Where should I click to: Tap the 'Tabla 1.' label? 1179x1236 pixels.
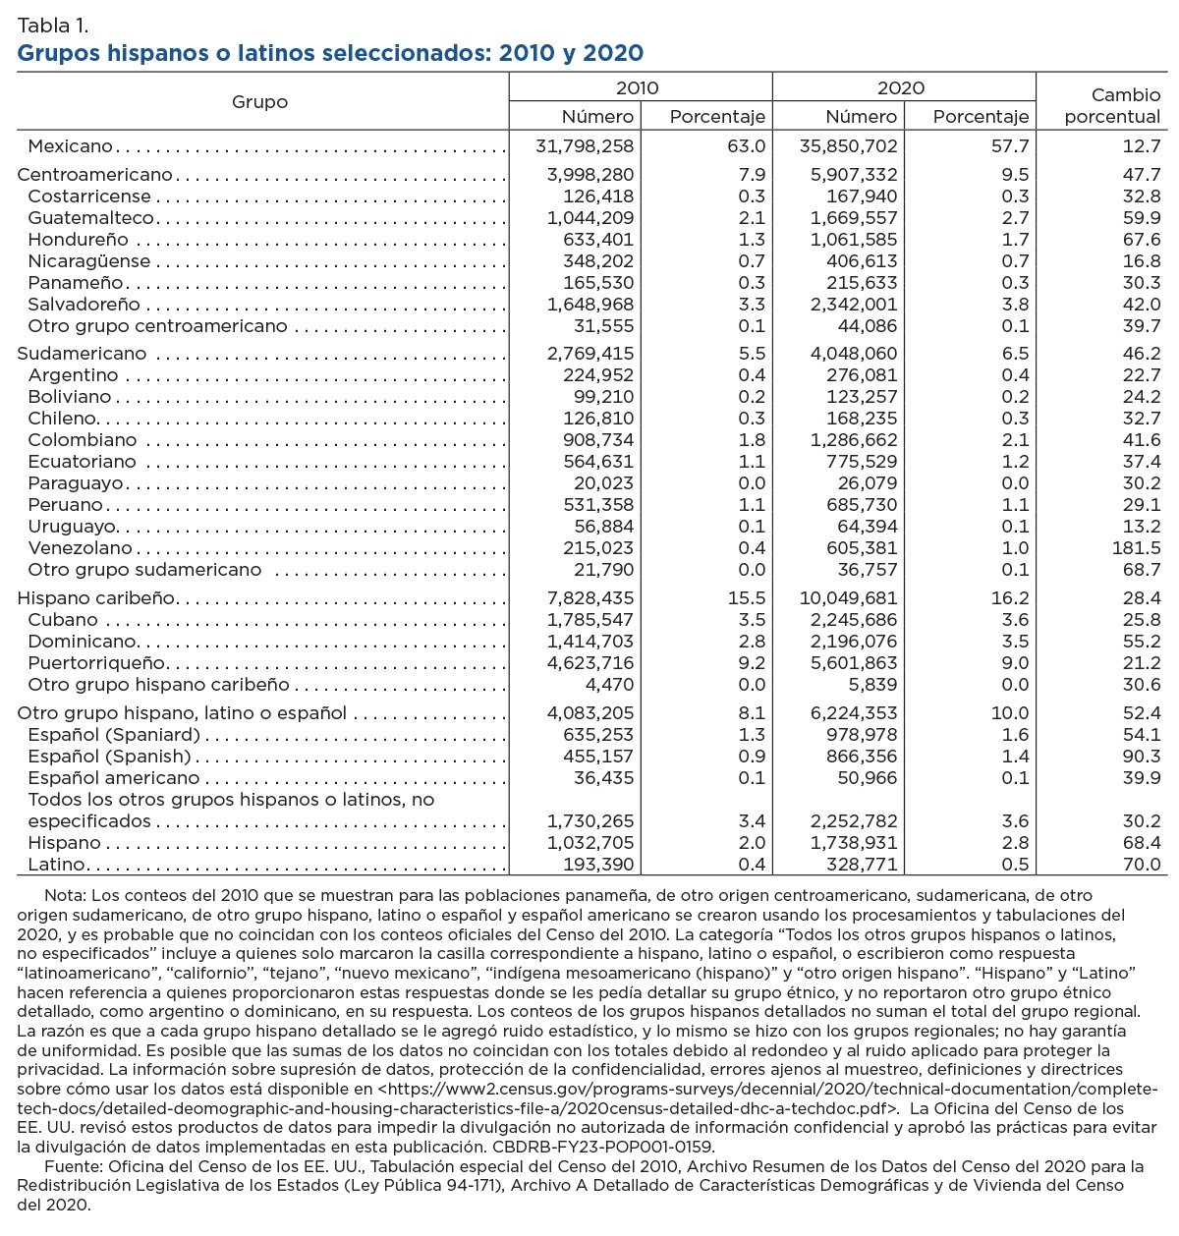tap(52, 25)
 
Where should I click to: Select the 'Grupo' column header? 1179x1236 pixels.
tap(260, 102)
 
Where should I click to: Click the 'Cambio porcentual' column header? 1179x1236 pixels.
tap(1112, 106)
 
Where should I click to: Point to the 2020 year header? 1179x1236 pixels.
tap(901, 87)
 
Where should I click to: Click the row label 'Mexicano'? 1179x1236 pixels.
tap(71, 146)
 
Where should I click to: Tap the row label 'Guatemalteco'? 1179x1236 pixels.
tap(91, 218)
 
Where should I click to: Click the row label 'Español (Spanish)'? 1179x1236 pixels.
tap(109, 757)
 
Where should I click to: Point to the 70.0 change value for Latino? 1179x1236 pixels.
tap(1142, 865)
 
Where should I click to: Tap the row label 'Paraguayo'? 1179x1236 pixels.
tap(76, 483)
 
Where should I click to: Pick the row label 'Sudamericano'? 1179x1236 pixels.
tap(82, 354)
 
